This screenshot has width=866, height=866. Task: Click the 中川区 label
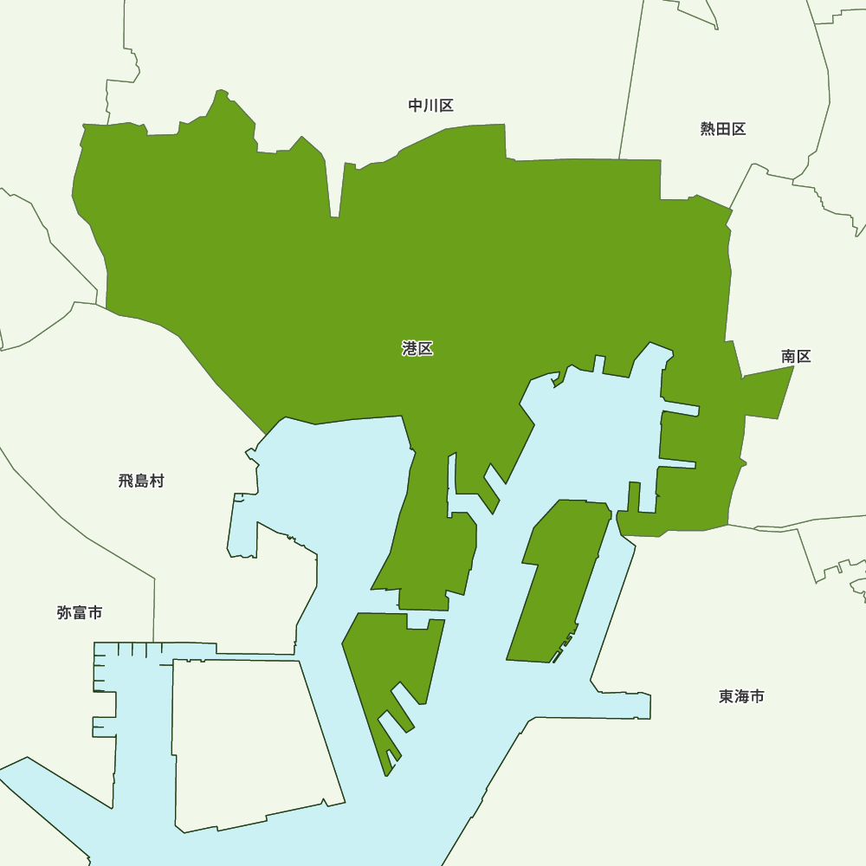(430, 106)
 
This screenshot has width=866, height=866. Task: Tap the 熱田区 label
(723, 129)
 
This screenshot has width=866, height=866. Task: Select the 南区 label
(796, 356)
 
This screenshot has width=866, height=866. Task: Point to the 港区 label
(417, 348)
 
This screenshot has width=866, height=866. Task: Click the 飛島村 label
(141, 481)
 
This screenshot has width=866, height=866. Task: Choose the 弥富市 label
(80, 612)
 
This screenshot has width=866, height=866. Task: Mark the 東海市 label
(741, 696)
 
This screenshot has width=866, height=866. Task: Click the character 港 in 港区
(410, 348)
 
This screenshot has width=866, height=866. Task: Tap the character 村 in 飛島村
(157, 481)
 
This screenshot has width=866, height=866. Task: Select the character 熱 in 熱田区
(708, 129)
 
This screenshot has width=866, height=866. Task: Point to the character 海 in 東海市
(741, 696)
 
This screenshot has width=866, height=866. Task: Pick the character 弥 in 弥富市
(64, 612)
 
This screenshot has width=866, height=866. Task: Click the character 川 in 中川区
(430, 106)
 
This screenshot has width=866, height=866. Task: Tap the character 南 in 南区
(788, 356)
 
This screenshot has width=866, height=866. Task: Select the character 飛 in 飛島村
(126, 481)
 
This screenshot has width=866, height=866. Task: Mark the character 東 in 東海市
(726, 696)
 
